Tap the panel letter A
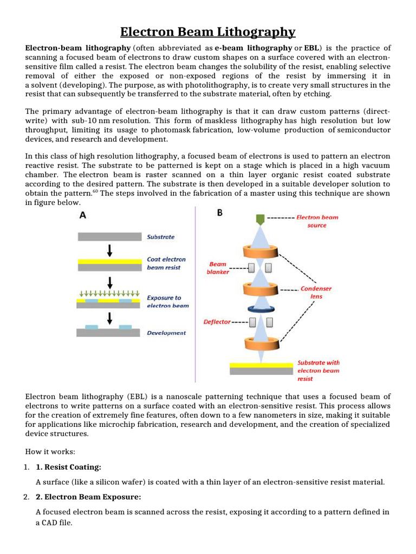[x=82, y=215]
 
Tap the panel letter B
[x=220, y=213]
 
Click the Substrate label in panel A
[x=161, y=237]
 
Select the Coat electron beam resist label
[x=166, y=263]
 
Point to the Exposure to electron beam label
[x=168, y=301]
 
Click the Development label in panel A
[x=166, y=333]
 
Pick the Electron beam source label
[x=317, y=221]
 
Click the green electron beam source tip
[x=260, y=219]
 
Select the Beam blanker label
[x=218, y=268]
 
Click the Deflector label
[x=217, y=322]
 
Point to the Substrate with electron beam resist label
[x=318, y=371]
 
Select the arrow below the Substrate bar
[x=110, y=250]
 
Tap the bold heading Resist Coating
[x=68, y=467]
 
